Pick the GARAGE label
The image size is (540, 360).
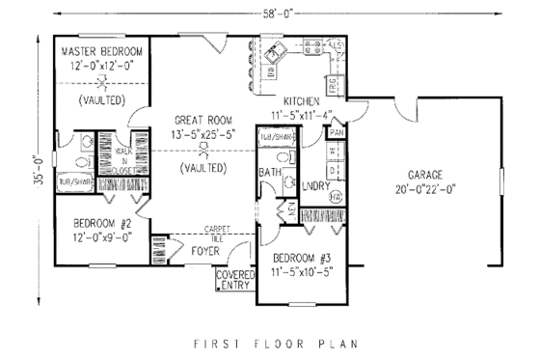tap(424, 175)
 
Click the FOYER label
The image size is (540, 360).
tap(203, 252)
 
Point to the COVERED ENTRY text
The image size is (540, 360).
tap(234, 280)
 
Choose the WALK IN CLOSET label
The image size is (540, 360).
tap(124, 159)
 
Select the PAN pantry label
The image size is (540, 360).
tap(336, 131)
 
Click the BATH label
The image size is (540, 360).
tap(269, 174)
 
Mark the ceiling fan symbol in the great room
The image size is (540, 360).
tap(202, 152)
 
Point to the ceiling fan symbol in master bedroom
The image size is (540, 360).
tap(100, 83)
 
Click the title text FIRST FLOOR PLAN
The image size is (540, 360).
tap(270, 343)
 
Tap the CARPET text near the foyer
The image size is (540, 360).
tap(215, 229)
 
